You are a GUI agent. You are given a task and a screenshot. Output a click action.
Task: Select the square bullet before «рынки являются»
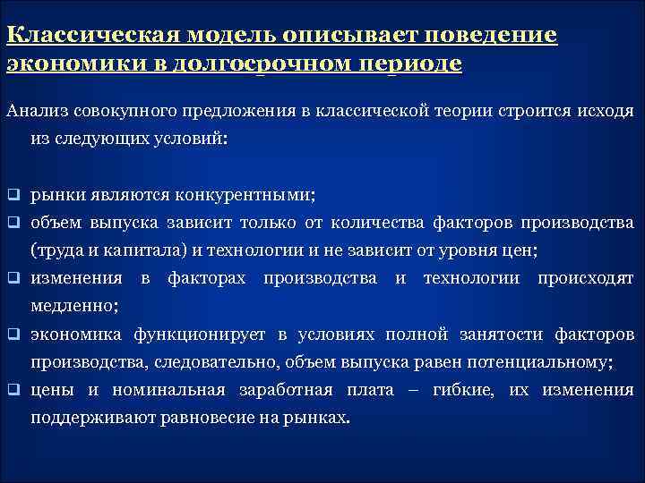[x=13, y=194]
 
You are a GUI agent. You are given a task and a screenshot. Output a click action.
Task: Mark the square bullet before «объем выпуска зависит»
[x=13, y=223]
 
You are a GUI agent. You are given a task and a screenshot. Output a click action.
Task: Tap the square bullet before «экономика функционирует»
[x=13, y=335]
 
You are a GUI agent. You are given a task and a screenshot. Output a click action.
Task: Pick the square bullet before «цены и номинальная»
[x=13, y=391]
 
